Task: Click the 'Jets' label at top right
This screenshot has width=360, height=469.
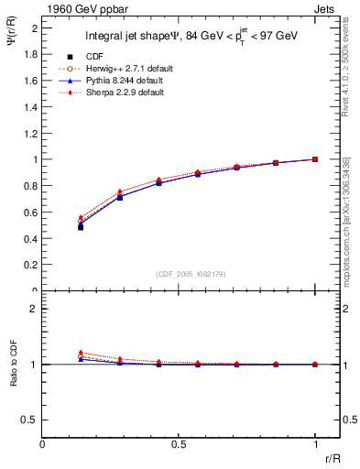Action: [x=326, y=8]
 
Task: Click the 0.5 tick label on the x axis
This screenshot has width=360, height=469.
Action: [x=179, y=443]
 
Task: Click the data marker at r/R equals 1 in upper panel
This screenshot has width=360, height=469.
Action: [x=315, y=159]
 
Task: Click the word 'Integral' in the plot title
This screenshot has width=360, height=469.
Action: [x=104, y=38]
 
